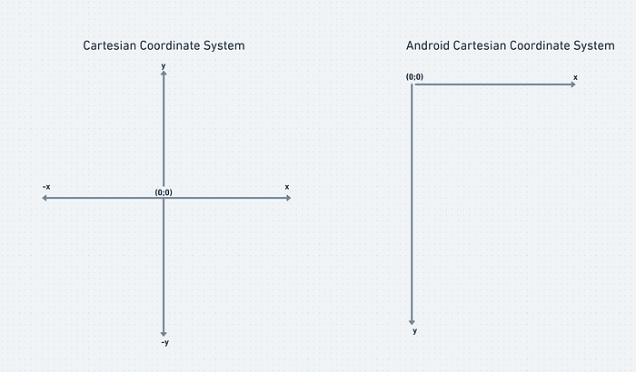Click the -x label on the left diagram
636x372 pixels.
pos(46,187)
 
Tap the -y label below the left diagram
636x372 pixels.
pos(165,342)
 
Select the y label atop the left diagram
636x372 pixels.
pos(163,66)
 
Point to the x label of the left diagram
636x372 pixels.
pos(287,187)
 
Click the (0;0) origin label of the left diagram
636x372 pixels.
pos(164,192)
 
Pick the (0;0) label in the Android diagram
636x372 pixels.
pos(414,76)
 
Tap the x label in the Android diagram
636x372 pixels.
pos(575,77)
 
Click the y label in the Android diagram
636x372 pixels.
pos(414,331)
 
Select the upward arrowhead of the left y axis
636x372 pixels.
pos(164,73)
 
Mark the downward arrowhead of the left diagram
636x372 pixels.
pos(164,334)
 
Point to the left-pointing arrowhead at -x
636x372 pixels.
pos(45,198)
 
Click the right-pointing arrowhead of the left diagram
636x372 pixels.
pos(288,198)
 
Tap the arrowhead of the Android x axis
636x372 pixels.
pos(573,84)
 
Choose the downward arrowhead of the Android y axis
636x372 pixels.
pos(412,322)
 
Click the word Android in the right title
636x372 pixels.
pos(428,45)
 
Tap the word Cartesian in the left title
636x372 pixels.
pos(110,45)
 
